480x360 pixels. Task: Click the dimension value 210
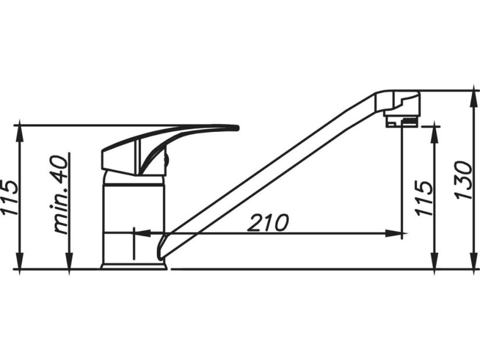(x=268, y=222)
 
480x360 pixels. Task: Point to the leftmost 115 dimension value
(x=10, y=197)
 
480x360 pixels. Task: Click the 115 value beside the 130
(x=425, y=197)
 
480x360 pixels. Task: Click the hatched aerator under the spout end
(x=401, y=121)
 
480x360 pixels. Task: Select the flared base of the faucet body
(x=133, y=265)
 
